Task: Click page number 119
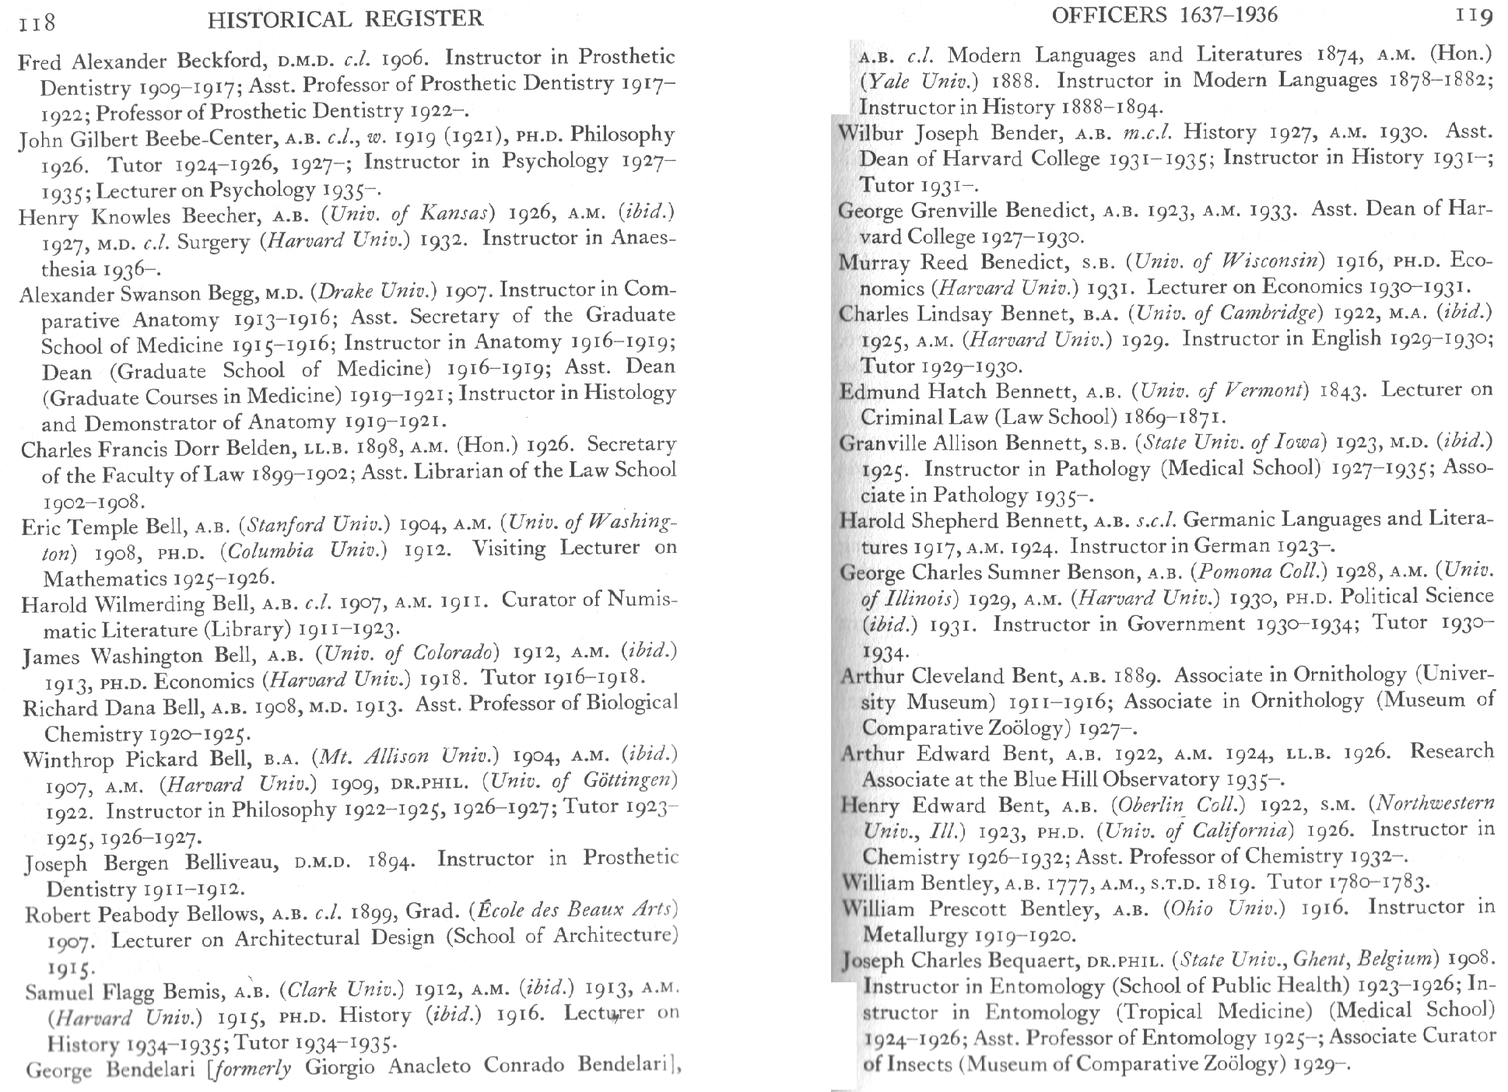[x=1472, y=17]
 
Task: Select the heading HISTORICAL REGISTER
[x=345, y=19]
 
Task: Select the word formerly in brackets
[x=254, y=1068]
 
